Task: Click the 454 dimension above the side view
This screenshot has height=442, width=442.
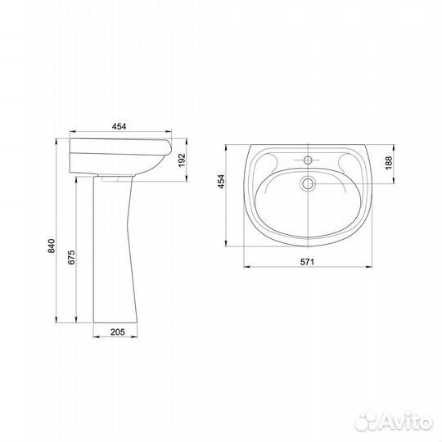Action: (119, 127)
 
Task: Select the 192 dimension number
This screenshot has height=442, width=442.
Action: (182, 160)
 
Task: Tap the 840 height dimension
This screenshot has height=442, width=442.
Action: (52, 246)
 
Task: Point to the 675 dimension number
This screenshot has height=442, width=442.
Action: (71, 257)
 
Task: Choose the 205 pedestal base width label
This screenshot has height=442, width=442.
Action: (118, 331)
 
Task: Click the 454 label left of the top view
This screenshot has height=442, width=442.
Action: (222, 182)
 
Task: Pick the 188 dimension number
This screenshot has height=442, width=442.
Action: (389, 163)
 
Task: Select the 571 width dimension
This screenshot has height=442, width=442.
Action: (307, 262)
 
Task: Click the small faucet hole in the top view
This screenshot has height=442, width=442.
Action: (308, 160)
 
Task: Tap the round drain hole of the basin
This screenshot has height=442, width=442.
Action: (308, 184)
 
